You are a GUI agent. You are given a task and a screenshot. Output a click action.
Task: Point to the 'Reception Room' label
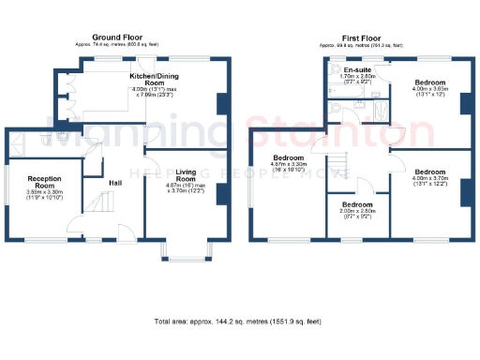point(44,181)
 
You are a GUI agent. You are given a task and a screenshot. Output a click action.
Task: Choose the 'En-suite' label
point(355,70)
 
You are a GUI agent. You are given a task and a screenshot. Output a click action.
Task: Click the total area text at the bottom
point(240,321)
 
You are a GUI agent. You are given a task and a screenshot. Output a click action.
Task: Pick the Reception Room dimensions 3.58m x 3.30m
point(44,195)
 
